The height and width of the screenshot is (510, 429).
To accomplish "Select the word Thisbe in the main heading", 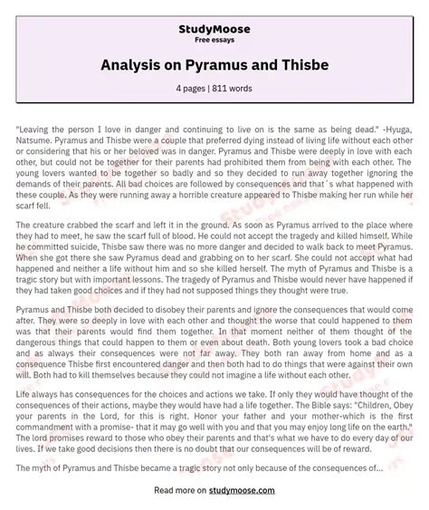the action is click(x=284, y=65).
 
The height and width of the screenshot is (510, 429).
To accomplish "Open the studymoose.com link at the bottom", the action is click(x=245, y=490).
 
